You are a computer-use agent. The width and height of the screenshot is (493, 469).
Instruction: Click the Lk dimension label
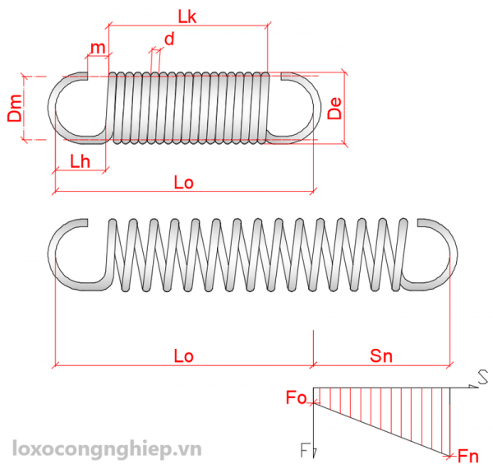coord(187,15)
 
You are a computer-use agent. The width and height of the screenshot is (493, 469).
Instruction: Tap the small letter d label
coord(169,39)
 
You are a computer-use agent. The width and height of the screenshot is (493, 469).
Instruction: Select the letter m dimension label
coord(99,48)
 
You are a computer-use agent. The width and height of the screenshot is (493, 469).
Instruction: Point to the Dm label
coord(15,109)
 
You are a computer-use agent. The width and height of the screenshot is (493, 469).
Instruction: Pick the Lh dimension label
coord(80,161)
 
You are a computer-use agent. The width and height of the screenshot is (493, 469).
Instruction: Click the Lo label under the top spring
coord(183,183)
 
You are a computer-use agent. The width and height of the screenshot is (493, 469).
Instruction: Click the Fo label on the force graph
coord(296,399)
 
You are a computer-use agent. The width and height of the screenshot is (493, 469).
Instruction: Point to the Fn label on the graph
coord(468,455)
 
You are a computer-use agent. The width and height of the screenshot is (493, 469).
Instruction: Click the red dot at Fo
coord(313,402)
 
